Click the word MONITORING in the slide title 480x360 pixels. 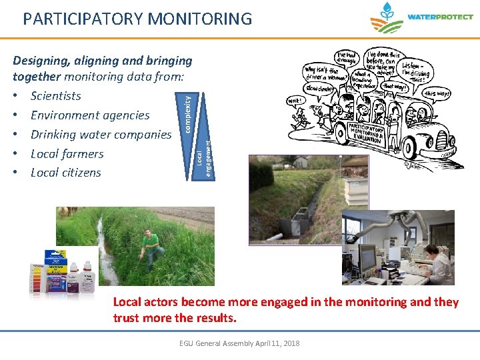point(197,19)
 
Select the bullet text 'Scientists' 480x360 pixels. point(56,96)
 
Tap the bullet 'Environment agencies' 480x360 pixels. point(90,115)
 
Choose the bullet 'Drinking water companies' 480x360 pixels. point(101,135)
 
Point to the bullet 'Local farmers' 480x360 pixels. point(67,154)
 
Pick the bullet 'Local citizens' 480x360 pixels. point(66,173)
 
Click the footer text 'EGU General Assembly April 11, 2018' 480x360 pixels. point(239,343)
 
